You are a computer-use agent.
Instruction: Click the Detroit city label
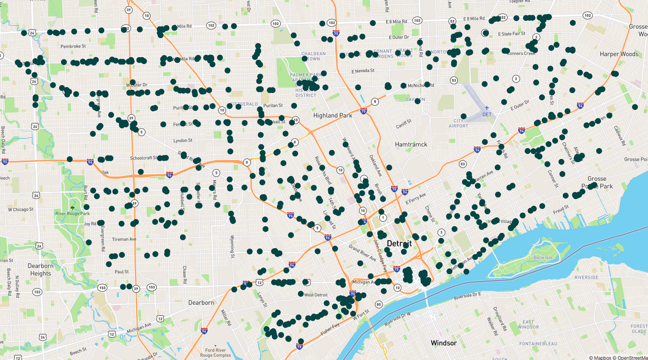pyautogui.click(x=399, y=244)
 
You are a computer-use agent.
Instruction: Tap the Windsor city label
pyautogui.click(x=443, y=343)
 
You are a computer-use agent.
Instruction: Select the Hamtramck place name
pyautogui.click(x=411, y=144)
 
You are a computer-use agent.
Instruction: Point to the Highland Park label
pyautogui.click(x=333, y=115)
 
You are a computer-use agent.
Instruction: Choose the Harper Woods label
pyautogui.click(x=619, y=54)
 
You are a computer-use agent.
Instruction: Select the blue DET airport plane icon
pyautogui.click(x=487, y=107)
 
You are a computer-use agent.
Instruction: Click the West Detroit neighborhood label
pyautogui.click(x=316, y=295)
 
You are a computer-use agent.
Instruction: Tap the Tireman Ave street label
pyautogui.click(x=124, y=239)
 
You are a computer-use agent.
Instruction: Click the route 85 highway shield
pyautogui.click(x=379, y=304)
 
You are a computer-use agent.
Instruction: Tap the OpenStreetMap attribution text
pyautogui.click(x=630, y=357)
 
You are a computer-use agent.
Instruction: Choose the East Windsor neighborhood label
pyautogui.click(x=528, y=325)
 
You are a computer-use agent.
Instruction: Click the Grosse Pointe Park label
pyautogui.click(x=600, y=182)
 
